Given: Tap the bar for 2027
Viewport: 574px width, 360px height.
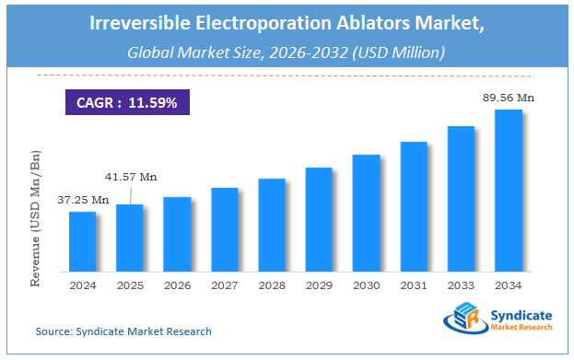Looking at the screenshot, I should [x=225, y=229].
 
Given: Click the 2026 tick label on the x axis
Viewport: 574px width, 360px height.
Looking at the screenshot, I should [x=178, y=285].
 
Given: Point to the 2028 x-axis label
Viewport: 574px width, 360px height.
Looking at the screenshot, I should [x=272, y=285].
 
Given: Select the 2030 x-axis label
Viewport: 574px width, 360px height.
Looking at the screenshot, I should [x=367, y=285].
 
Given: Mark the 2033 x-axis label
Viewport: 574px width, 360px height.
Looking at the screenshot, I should [x=462, y=285].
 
